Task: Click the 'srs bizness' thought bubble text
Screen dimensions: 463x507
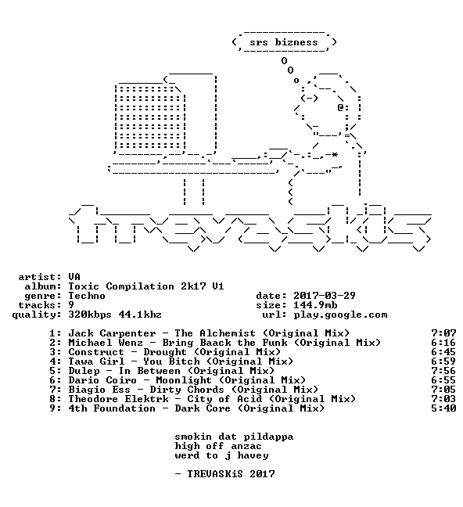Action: (x=284, y=42)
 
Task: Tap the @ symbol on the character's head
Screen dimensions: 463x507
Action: (x=340, y=107)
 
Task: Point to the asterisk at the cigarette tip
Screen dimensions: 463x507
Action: (x=335, y=155)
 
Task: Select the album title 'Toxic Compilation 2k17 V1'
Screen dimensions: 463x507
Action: (x=145, y=286)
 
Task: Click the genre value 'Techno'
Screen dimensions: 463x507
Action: (x=87, y=296)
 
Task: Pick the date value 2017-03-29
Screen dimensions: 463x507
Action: (x=325, y=296)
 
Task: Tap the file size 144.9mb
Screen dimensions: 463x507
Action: (x=315, y=305)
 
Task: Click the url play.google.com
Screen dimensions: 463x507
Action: (x=340, y=315)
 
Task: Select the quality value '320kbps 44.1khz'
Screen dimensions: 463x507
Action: (x=115, y=315)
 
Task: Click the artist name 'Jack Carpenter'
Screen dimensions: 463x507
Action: (x=112, y=333)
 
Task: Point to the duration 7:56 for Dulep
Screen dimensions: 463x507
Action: (x=443, y=371)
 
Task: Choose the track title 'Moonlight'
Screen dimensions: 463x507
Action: (x=184, y=380)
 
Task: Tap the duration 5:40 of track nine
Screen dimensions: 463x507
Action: (x=443, y=408)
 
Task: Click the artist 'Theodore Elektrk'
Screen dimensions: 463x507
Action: (x=118, y=399)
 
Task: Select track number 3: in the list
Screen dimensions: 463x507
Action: (x=56, y=352)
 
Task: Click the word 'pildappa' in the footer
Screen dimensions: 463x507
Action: (x=268, y=437)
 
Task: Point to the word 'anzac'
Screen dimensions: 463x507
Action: (x=246, y=446)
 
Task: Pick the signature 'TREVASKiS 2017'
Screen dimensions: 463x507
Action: (x=231, y=474)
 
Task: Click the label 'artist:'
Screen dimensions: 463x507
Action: (x=40, y=277)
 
